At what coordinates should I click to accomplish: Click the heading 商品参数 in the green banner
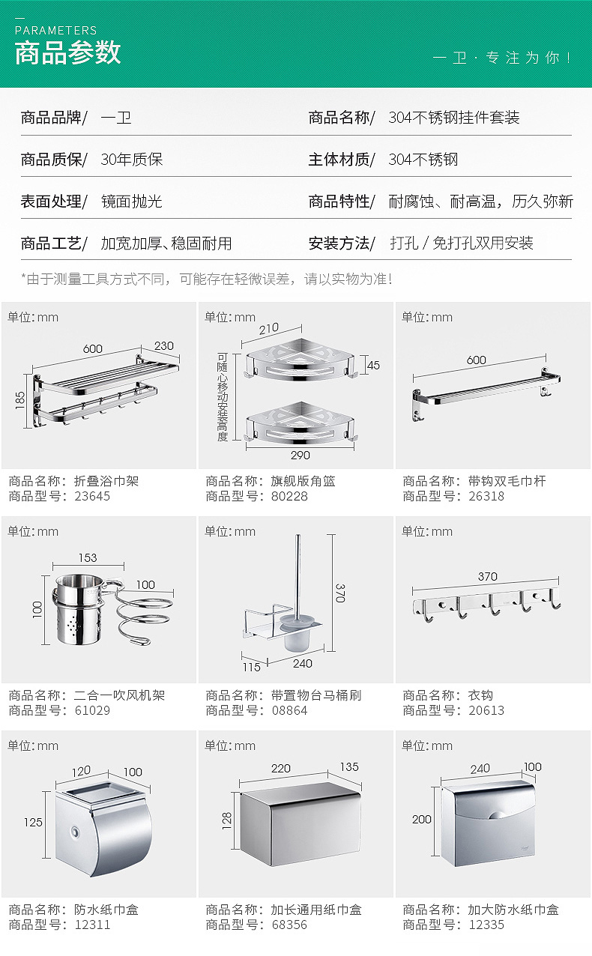click(x=67, y=53)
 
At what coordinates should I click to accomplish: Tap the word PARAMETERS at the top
click(x=56, y=31)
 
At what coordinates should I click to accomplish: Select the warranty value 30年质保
click(x=131, y=160)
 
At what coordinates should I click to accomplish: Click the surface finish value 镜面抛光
click(x=131, y=202)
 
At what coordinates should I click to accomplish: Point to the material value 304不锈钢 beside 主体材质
click(x=423, y=160)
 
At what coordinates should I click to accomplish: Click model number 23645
click(x=92, y=496)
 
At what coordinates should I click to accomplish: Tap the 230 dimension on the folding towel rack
click(x=163, y=346)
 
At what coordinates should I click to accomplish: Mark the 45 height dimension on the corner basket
click(x=373, y=366)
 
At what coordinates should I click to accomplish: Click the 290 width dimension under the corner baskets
click(x=300, y=455)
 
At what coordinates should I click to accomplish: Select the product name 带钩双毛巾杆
click(x=507, y=481)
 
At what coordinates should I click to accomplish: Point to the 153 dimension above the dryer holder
click(x=87, y=557)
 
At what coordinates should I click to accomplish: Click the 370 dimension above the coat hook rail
click(x=487, y=576)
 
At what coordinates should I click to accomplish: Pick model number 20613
click(x=486, y=710)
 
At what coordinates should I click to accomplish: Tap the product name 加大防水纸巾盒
click(x=513, y=910)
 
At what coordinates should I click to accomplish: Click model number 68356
click(x=289, y=925)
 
